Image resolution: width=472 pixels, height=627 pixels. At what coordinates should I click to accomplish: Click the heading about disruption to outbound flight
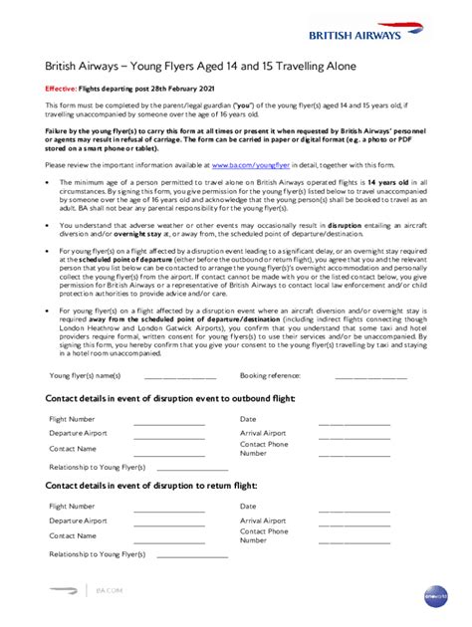(x=170, y=398)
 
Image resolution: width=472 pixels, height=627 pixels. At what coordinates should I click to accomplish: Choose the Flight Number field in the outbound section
(x=168, y=421)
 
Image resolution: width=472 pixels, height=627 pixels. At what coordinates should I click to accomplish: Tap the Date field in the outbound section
(x=354, y=421)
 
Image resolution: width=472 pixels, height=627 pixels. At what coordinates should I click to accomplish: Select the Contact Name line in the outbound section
(x=168, y=451)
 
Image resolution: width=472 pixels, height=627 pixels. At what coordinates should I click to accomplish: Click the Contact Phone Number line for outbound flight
(x=354, y=451)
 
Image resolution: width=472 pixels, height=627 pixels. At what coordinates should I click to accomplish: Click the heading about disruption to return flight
(x=151, y=485)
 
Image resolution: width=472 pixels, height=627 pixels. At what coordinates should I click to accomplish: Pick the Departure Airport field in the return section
(x=168, y=522)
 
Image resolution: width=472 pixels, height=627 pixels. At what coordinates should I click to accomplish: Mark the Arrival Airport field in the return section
(x=354, y=522)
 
